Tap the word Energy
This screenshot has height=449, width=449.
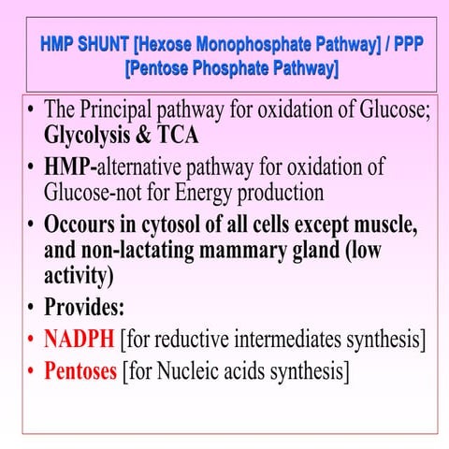click(x=199, y=193)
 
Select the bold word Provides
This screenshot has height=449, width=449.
click(x=84, y=308)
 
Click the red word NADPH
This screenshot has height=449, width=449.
click(x=80, y=338)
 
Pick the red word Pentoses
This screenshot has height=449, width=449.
click(x=81, y=370)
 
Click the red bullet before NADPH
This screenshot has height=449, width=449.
click(x=33, y=339)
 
